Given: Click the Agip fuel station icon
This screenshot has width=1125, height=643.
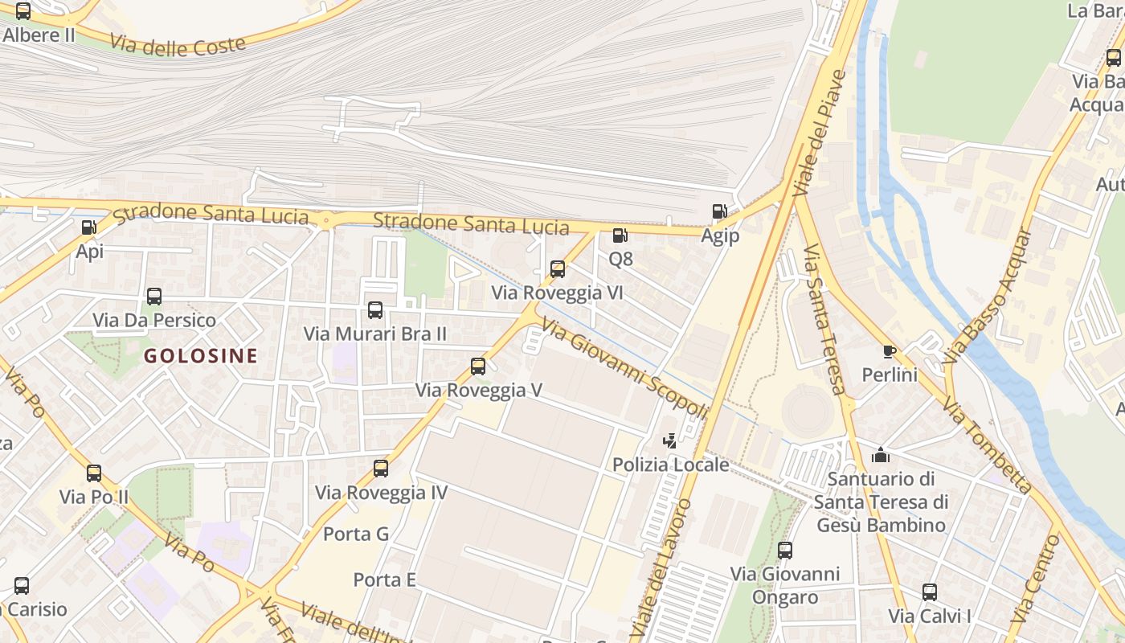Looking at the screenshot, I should [x=719, y=211].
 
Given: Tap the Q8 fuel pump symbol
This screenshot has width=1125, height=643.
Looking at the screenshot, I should [x=620, y=235].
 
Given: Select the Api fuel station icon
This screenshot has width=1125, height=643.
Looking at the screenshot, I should [x=89, y=227].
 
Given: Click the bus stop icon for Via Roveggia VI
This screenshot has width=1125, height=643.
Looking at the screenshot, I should [x=558, y=269].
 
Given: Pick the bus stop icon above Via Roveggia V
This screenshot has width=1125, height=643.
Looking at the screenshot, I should [x=478, y=367].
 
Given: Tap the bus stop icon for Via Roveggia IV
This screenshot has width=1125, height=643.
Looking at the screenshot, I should [x=381, y=468].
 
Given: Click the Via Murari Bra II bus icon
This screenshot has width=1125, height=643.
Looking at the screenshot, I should [x=375, y=310].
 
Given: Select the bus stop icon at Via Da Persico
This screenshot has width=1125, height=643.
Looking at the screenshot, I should [x=154, y=297].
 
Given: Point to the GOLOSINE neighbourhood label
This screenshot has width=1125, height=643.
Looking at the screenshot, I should [x=201, y=355].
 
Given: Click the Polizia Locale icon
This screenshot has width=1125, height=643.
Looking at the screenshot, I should [x=669, y=440].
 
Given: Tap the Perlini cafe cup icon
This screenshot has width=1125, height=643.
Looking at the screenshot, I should [x=889, y=351].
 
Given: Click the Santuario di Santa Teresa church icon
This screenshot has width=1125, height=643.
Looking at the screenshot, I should [x=881, y=455].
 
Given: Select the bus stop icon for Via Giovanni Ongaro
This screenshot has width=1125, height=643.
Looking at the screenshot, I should [x=785, y=551].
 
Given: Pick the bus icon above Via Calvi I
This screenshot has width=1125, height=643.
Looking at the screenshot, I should [x=930, y=592].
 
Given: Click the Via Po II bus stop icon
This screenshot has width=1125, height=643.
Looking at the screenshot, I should [x=94, y=473].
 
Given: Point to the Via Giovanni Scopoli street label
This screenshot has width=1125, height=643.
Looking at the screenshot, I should [x=624, y=368].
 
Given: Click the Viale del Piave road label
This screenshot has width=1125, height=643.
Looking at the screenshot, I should [x=820, y=133].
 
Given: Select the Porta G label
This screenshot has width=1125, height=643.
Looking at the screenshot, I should [x=355, y=534].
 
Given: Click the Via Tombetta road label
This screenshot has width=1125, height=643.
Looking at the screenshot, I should [x=987, y=444].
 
